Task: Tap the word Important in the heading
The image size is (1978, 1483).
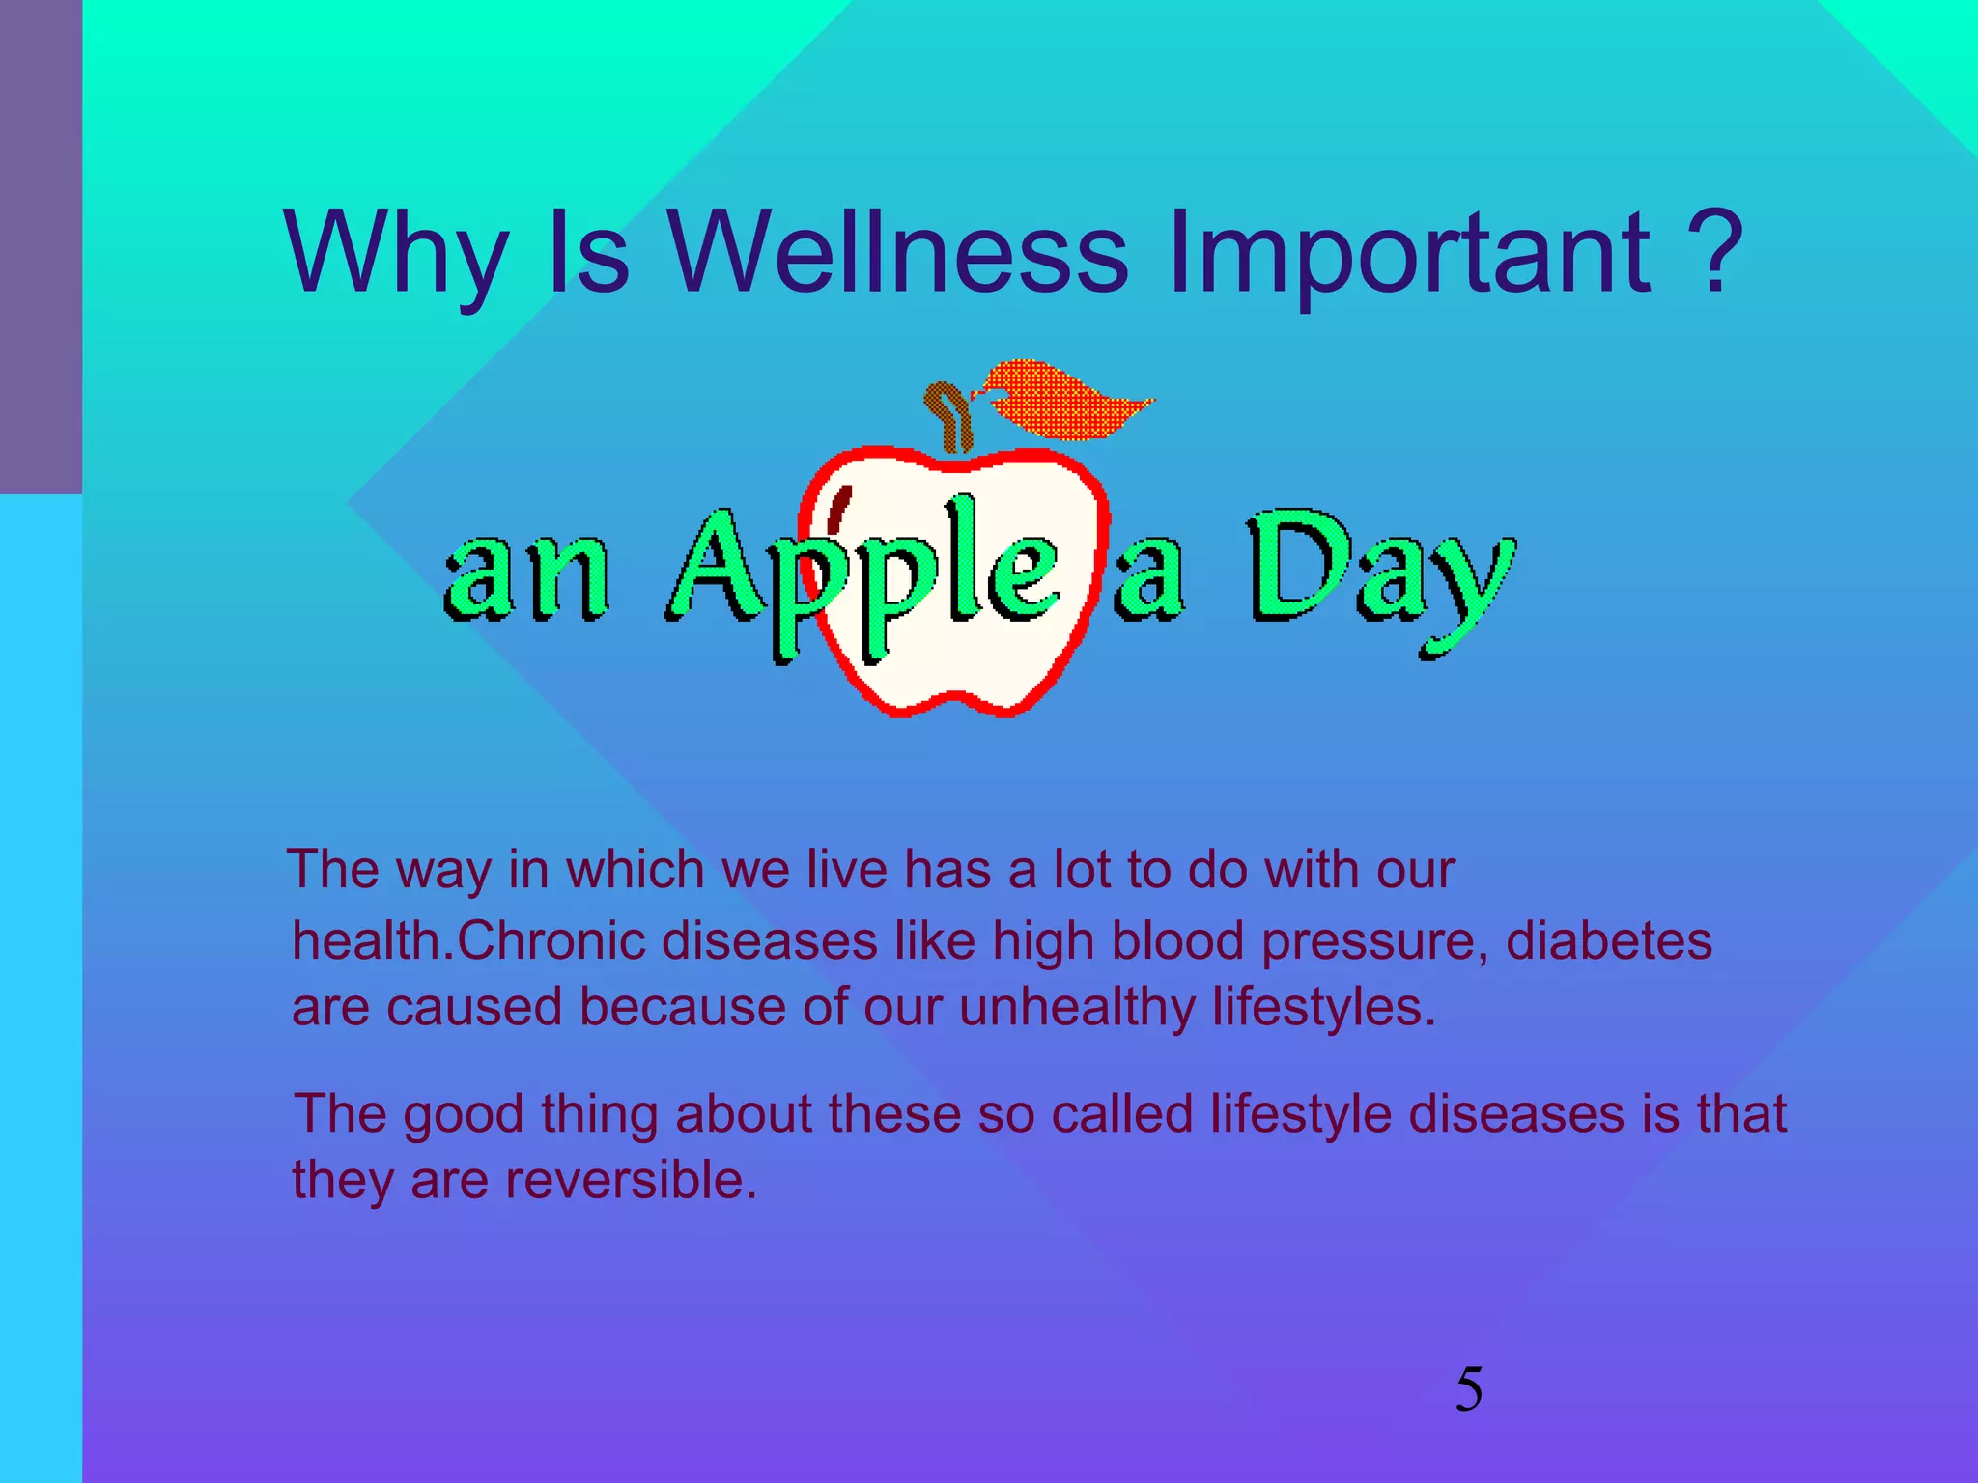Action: (x=1409, y=253)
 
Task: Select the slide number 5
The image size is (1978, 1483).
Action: (x=1468, y=1390)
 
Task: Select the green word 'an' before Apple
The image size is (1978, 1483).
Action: (x=526, y=574)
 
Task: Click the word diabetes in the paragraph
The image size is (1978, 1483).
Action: (x=1608, y=940)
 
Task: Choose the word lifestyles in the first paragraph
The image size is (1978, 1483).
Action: (x=1323, y=1008)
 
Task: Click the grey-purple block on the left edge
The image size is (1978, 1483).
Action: (x=41, y=246)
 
